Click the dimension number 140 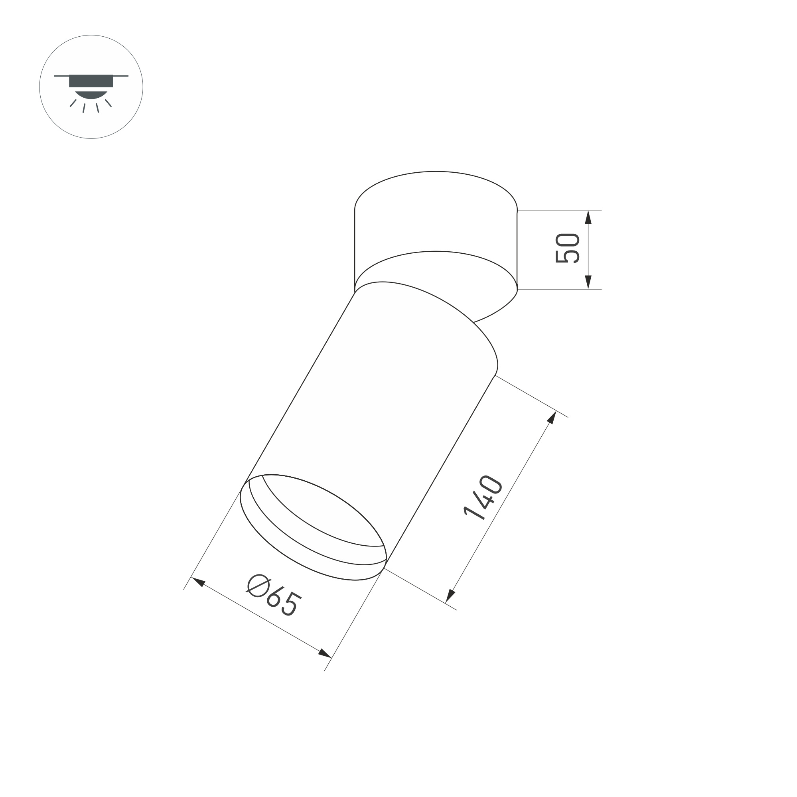click(483, 498)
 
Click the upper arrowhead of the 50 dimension click(588, 217)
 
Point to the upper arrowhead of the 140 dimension click(552, 418)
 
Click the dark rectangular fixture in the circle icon click(91, 81)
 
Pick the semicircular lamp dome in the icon click(91, 94)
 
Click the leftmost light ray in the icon click(73, 103)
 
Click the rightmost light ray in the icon click(109, 103)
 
